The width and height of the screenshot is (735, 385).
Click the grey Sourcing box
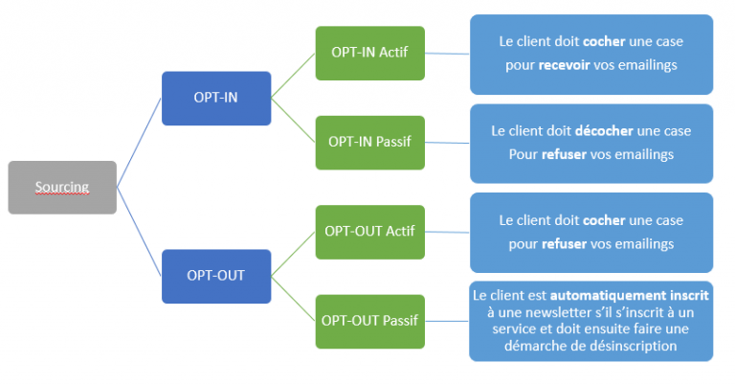(61, 187)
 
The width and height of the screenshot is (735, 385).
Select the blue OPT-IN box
(215, 97)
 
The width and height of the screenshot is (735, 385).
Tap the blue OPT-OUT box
(215, 275)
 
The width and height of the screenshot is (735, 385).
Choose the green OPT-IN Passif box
(369, 141)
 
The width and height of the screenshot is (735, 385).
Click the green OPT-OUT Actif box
(369, 231)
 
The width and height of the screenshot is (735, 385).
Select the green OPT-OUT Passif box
(369, 320)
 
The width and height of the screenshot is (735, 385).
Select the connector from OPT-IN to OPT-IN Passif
(294, 119)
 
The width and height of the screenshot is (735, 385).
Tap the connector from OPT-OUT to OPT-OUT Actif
(294, 253)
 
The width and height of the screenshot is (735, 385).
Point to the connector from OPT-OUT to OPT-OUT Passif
(294, 297)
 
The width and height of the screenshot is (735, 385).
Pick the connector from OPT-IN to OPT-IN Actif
(294, 74)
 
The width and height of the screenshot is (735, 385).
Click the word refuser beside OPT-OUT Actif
(563, 244)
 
